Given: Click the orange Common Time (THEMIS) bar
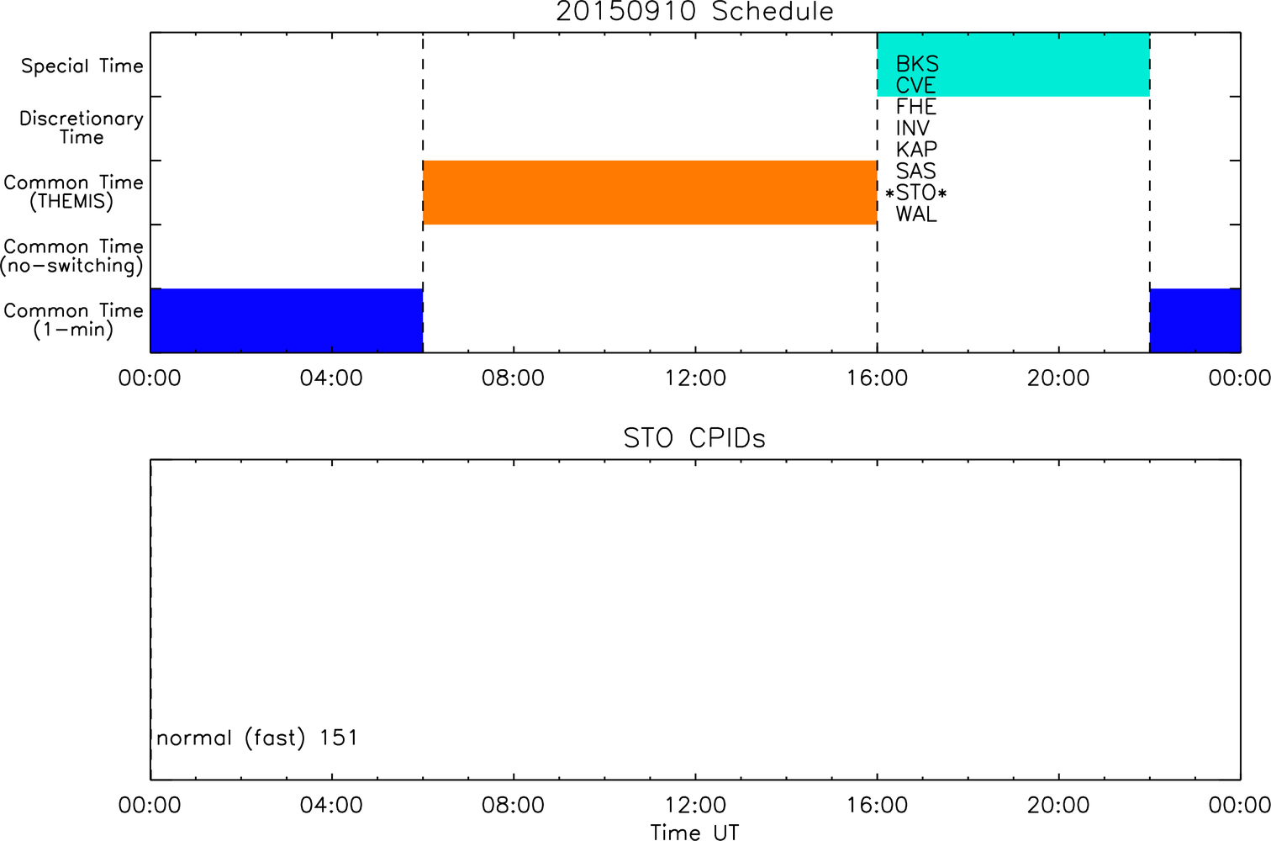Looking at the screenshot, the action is coord(650,193).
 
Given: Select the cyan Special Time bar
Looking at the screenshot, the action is coord(1014,65).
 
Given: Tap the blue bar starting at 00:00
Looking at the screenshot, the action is coord(287,320).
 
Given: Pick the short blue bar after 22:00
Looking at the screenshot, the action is coord(1195,320).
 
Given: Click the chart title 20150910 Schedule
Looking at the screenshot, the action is coord(694,12).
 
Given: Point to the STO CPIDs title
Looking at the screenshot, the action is coord(694,438).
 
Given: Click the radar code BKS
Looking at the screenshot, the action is coord(917,64).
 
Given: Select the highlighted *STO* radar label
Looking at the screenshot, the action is coord(915,193).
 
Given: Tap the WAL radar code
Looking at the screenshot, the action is coord(916,214).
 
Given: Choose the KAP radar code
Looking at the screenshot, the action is coord(916,150).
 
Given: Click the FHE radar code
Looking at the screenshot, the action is coord(915,107).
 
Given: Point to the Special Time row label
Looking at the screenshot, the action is coord(82,66).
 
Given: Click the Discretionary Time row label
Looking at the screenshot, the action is coord(82,128).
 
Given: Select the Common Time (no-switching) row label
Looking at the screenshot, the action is coord(72,257).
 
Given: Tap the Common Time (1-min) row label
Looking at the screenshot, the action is coord(73,320).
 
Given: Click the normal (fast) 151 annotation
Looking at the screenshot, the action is coord(257,738).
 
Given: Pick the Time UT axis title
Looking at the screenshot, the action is coord(694,832).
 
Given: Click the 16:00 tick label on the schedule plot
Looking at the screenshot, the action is coord(878,378).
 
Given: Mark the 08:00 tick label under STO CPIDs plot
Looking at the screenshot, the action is coord(513,805).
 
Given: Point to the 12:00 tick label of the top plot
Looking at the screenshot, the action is coord(695,378).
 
